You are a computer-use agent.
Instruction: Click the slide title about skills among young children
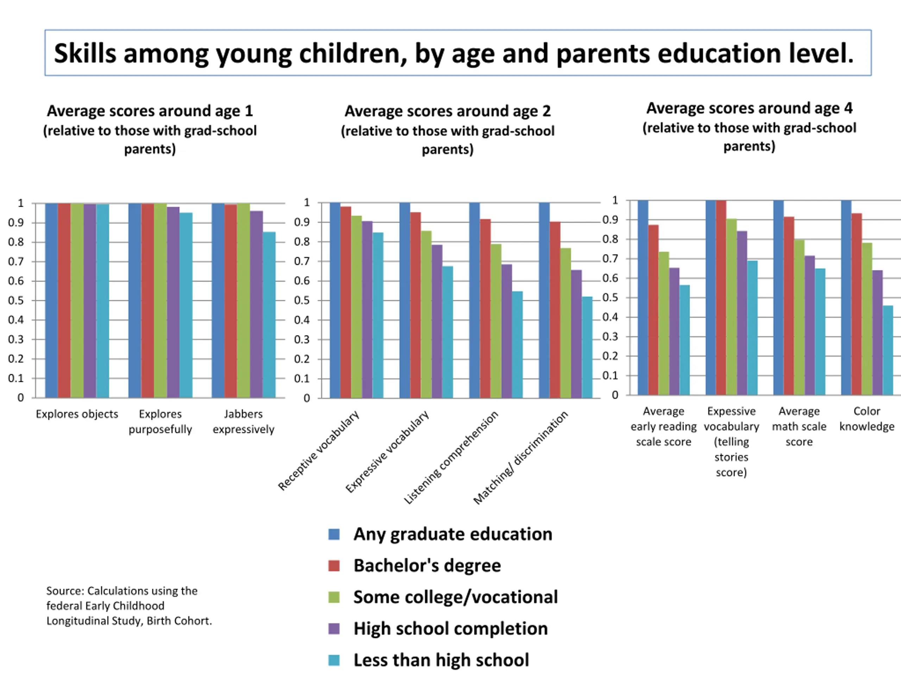tap(453, 54)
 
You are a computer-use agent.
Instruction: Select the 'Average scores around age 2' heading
tap(447, 111)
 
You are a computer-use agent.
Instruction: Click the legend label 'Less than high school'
tap(441, 660)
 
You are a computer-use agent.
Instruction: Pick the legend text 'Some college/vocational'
tap(455, 597)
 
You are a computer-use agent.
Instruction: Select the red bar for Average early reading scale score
tap(653, 310)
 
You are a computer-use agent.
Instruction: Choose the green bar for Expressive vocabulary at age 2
tap(426, 314)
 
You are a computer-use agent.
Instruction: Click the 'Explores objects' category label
tap(77, 414)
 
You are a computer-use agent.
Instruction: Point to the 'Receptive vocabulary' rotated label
tap(319, 450)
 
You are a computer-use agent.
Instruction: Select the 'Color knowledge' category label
tap(867, 419)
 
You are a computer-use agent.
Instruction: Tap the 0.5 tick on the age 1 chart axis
tap(16, 300)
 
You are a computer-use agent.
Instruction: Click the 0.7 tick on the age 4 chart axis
tap(610, 259)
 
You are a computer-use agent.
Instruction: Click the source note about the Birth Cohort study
tap(129, 606)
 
